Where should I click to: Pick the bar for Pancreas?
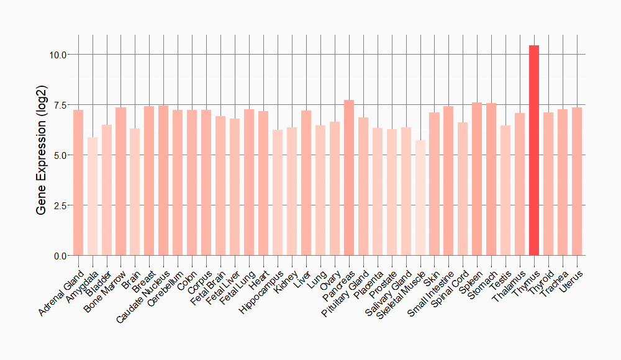(349, 178)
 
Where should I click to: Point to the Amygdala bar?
(93, 196)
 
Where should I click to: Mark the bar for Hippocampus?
(278, 192)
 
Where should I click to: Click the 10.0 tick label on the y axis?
(59, 55)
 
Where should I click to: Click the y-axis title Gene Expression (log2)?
(42, 155)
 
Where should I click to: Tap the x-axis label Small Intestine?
(430, 294)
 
